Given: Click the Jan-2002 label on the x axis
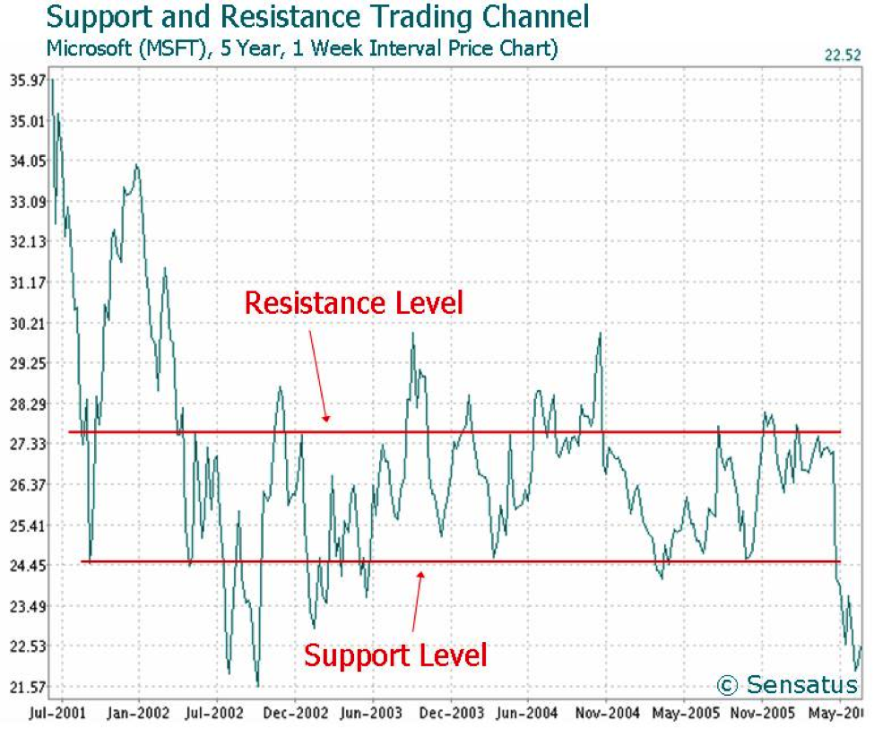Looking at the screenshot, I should pyautogui.click(x=139, y=713).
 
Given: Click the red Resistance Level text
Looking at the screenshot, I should pyautogui.click(x=354, y=303).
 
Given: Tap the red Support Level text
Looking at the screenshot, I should pyautogui.click(x=395, y=655).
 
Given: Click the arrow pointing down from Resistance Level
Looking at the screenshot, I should pyautogui.click(x=319, y=377).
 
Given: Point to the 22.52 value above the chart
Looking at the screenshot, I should pyautogui.click(x=842, y=56).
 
